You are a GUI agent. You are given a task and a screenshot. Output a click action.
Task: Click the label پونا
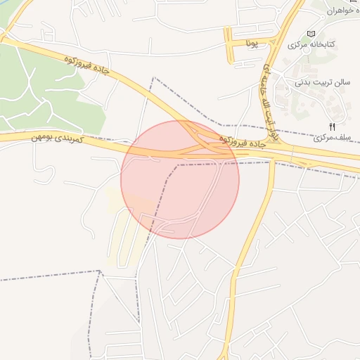point(252,44)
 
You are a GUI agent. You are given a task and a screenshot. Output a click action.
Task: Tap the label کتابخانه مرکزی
point(311,45)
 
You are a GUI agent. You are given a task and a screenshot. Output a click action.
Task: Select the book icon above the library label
point(311,34)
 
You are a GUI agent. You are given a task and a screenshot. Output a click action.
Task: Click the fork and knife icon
point(333,126)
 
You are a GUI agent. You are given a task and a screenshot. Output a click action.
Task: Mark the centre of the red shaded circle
point(180,180)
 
